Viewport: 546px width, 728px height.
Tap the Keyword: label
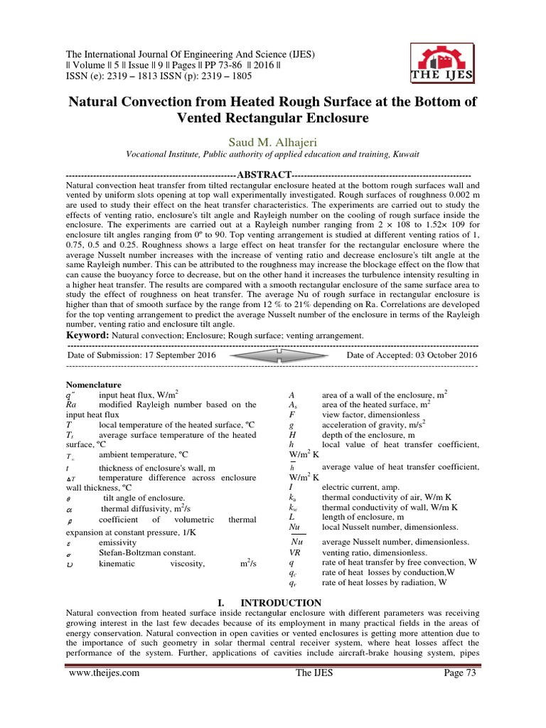[x=92, y=335]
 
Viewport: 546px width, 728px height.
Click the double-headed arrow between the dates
[x=272, y=354]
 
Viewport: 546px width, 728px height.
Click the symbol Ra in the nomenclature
[x=70, y=404]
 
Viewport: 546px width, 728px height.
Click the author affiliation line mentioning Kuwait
[x=272, y=154]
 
